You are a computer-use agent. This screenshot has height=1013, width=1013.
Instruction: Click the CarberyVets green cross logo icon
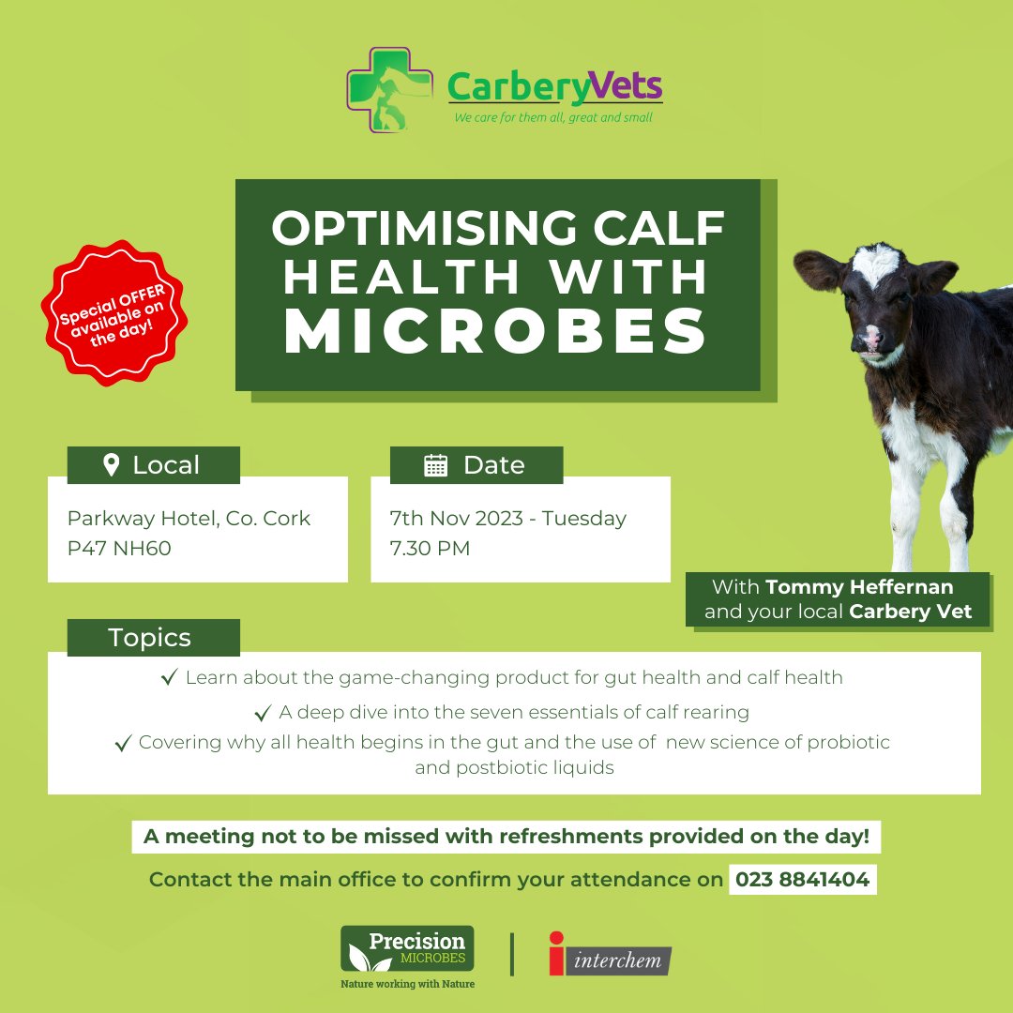pyautogui.click(x=389, y=88)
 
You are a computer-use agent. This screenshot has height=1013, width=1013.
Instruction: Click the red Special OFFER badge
pyautogui.click(x=113, y=312)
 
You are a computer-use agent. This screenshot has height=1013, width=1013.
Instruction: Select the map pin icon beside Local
pyautogui.click(x=111, y=465)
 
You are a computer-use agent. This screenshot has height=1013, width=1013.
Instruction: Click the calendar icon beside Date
pyautogui.click(x=436, y=465)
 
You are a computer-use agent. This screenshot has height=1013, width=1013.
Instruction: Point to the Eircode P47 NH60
pyautogui.click(x=119, y=549)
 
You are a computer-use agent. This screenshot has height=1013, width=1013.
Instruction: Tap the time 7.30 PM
pyautogui.click(x=430, y=549)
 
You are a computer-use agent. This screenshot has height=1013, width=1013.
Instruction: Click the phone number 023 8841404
pyautogui.click(x=802, y=880)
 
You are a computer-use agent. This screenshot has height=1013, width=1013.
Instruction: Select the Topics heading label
pyautogui.click(x=150, y=638)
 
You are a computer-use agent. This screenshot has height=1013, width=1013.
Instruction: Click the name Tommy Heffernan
pyautogui.click(x=859, y=587)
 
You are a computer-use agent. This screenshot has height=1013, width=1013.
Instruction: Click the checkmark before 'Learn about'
pyautogui.click(x=170, y=677)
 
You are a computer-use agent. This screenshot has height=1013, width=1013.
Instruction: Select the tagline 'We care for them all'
pyautogui.click(x=552, y=118)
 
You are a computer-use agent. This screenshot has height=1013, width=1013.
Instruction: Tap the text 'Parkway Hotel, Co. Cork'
pyautogui.click(x=189, y=518)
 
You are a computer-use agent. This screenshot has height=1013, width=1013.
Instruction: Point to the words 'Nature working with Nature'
pyautogui.click(x=407, y=984)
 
